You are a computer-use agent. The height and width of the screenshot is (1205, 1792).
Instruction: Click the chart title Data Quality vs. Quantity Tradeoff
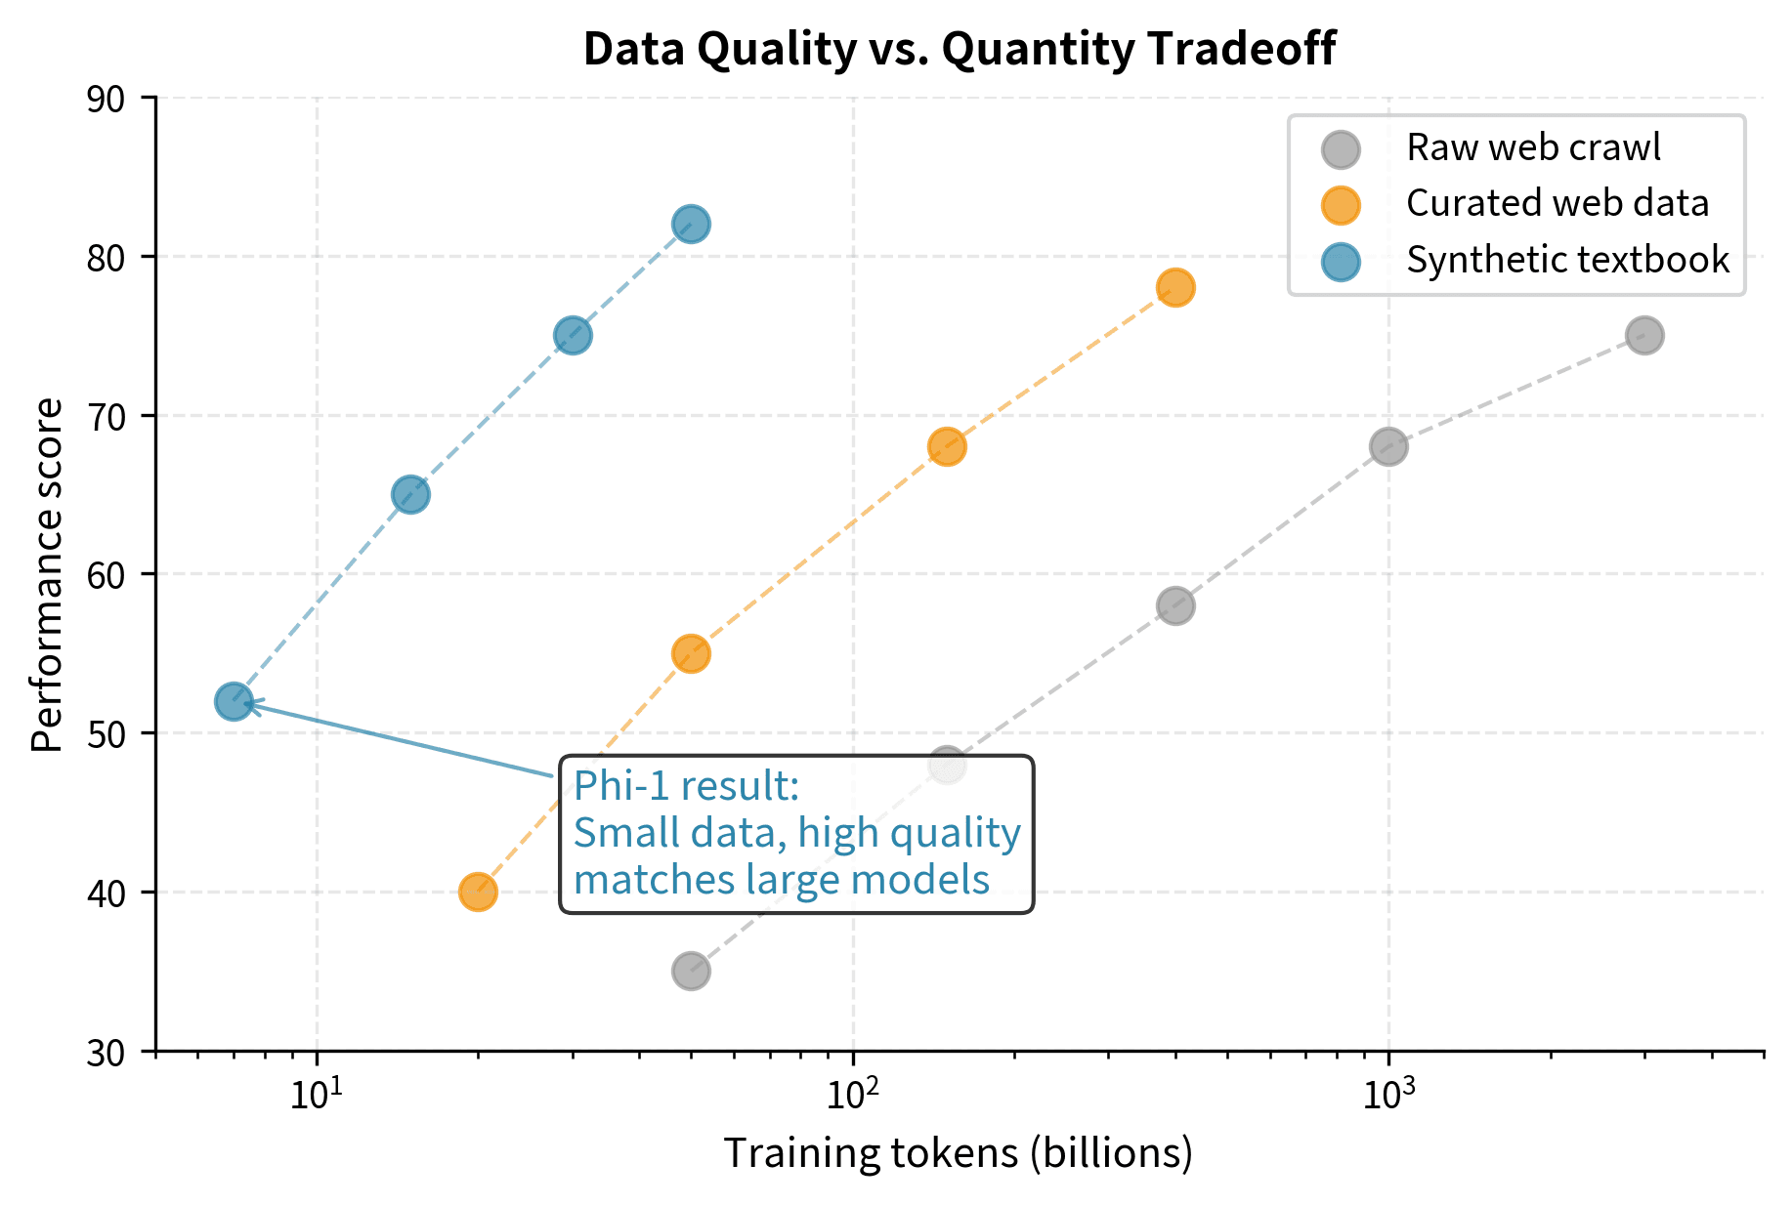click(x=959, y=49)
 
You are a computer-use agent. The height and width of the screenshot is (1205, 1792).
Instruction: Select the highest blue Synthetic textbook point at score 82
click(x=691, y=225)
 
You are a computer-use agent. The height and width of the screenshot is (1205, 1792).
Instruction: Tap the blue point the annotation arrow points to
click(x=234, y=701)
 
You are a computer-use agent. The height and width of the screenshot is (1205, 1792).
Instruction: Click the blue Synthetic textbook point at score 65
click(x=410, y=495)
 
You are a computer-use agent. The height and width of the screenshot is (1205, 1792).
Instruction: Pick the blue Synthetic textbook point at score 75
click(x=573, y=336)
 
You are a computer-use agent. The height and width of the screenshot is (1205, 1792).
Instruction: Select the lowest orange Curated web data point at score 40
click(x=478, y=892)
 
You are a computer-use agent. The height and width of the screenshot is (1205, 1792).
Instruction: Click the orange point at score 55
click(x=691, y=653)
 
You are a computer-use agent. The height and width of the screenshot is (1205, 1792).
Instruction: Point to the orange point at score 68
click(x=947, y=447)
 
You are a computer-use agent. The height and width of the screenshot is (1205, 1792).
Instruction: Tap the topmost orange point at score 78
click(x=1175, y=288)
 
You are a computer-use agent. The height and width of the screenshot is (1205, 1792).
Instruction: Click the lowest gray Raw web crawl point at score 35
click(x=691, y=972)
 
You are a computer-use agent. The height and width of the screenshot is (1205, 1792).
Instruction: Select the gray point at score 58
click(x=1175, y=605)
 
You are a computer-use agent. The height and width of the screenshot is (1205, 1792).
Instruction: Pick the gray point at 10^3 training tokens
click(x=1388, y=447)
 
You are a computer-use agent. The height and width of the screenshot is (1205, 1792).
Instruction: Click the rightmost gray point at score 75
click(x=1645, y=336)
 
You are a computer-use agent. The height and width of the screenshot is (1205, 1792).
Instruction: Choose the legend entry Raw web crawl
click(x=1532, y=148)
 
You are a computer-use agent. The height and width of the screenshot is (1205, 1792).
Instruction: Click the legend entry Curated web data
click(x=1557, y=204)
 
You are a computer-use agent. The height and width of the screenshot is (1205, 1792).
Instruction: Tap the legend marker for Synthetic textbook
click(x=1341, y=261)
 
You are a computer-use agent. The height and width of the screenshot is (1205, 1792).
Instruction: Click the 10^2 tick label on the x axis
click(x=853, y=1095)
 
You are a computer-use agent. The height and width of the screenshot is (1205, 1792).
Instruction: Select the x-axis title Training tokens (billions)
click(x=958, y=1153)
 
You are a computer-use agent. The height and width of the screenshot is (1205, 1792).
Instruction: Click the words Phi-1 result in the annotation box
click(x=687, y=786)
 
